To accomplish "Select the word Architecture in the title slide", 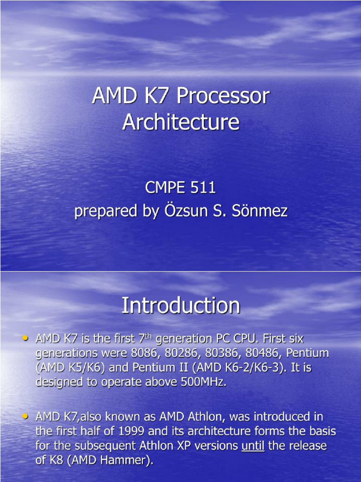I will (x=181, y=122).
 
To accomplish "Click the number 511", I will (x=202, y=188).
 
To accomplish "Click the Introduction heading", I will (x=181, y=305).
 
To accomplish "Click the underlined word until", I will (x=253, y=446).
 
